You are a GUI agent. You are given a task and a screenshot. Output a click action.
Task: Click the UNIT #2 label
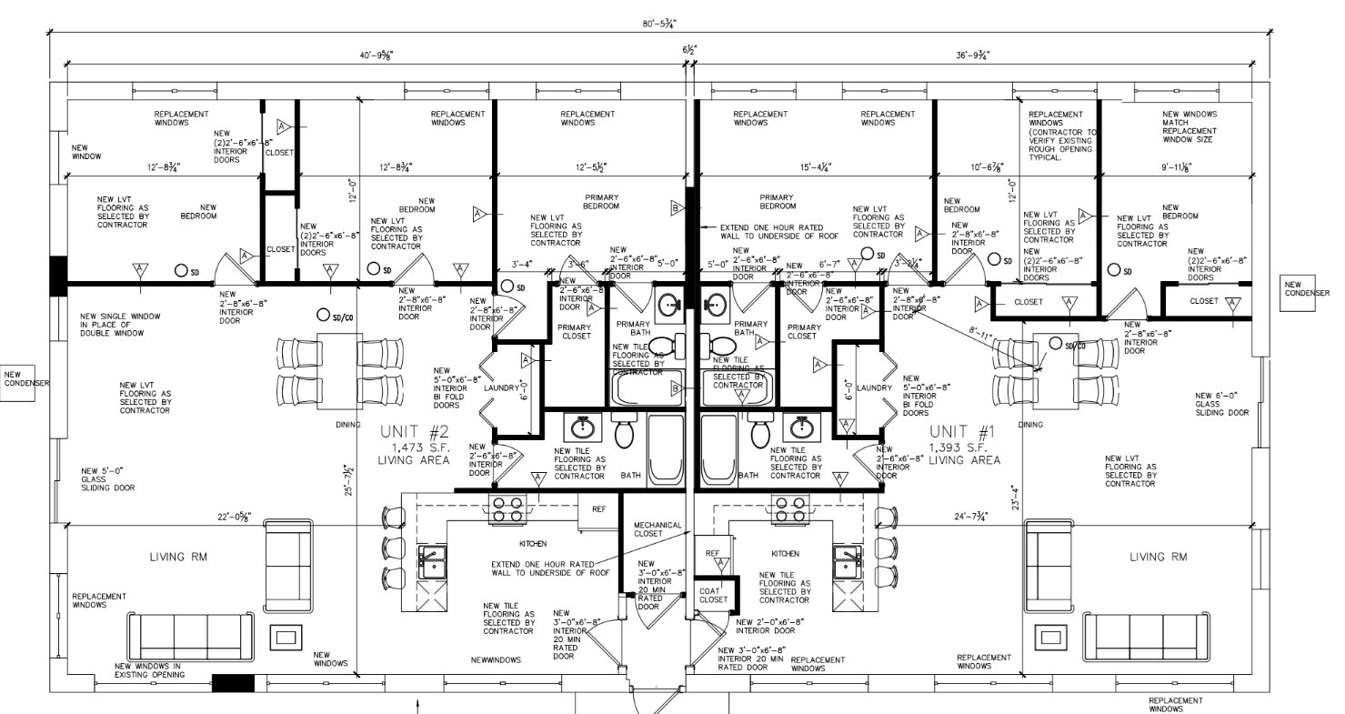415,434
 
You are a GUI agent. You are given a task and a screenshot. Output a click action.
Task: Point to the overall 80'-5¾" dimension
661,24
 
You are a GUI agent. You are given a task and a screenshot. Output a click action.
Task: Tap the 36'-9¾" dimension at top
972,55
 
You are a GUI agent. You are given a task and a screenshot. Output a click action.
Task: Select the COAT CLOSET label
713,595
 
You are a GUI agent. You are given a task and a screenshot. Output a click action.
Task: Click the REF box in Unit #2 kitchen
598,510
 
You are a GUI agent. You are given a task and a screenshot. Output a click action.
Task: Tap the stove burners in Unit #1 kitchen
788,509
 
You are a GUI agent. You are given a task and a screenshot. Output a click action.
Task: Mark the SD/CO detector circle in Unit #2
323,316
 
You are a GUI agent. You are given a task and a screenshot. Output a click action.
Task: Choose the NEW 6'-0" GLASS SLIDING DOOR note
1221,404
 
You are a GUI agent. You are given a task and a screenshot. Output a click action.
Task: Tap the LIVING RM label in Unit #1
1158,557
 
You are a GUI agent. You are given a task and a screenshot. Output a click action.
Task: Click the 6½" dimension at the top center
690,50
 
